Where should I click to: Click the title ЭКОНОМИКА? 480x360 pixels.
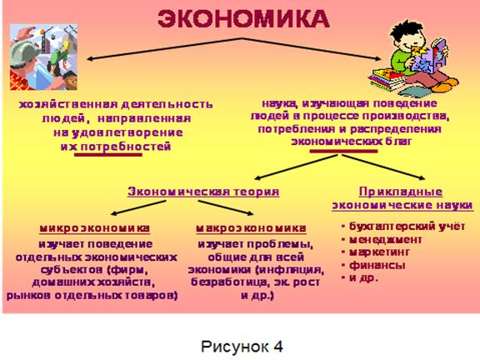(243, 19)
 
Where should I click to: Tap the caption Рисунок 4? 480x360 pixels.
(242, 346)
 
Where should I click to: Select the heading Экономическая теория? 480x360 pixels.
(203, 192)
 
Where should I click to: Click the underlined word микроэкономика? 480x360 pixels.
(95, 228)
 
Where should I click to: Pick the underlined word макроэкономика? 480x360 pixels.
(251, 228)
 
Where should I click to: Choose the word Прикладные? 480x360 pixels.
(401, 192)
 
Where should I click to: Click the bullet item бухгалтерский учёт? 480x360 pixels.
(407, 226)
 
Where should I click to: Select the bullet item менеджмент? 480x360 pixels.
(385, 239)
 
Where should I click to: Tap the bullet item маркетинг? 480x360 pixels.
(379, 252)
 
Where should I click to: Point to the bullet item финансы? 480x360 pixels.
(377, 265)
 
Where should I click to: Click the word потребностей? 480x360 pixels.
(126, 147)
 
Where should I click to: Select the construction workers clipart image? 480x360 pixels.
(43, 57)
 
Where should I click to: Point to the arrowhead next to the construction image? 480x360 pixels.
(91, 59)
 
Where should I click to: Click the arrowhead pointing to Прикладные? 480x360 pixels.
(422, 177)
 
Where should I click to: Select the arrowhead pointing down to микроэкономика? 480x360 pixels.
(114, 213)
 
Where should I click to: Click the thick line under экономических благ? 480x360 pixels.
(343, 151)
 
